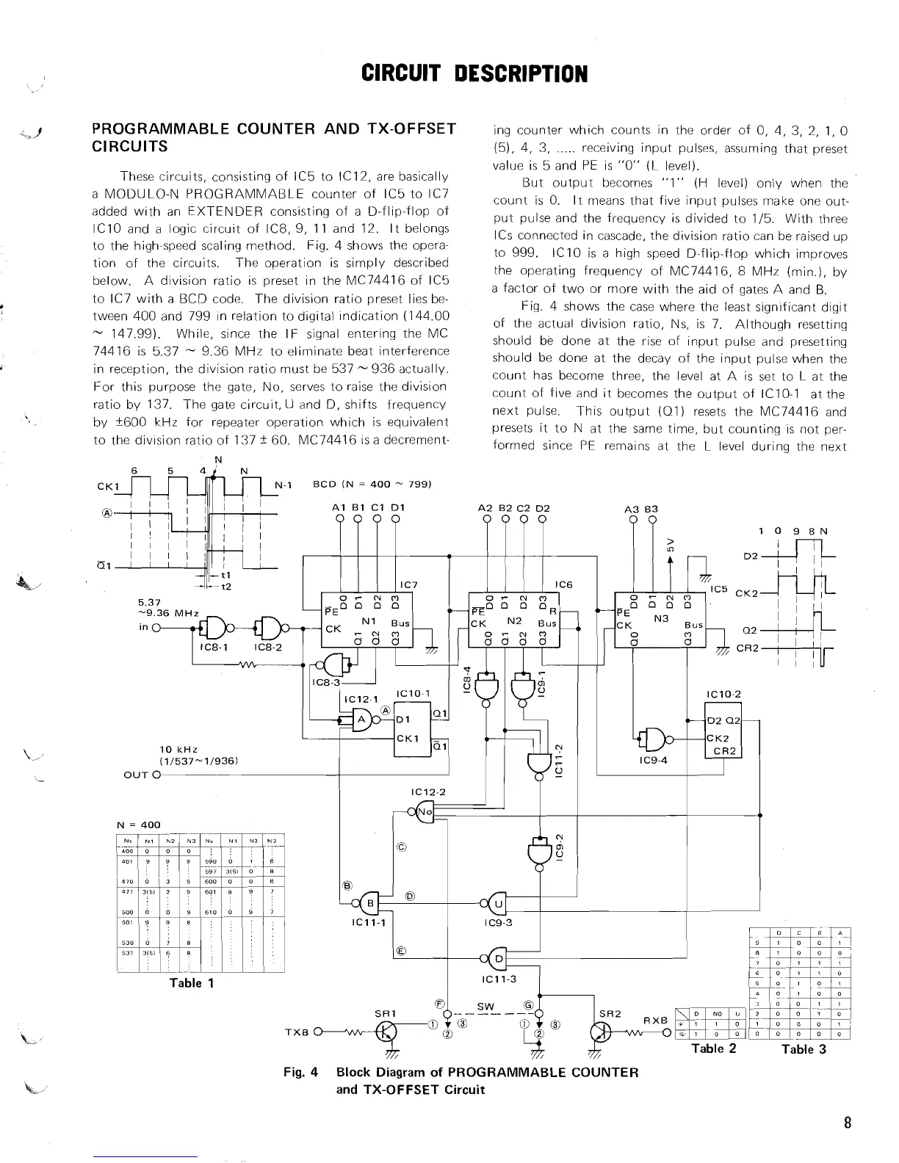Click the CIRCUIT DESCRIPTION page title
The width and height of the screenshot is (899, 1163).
tap(474, 73)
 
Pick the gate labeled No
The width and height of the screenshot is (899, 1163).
tap(425, 811)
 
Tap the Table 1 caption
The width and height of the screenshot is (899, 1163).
tap(191, 983)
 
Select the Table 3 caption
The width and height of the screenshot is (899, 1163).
tap(804, 1049)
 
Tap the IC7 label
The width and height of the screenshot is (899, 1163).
tap(408, 584)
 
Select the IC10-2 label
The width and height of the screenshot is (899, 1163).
tap(723, 694)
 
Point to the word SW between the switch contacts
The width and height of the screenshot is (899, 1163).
tap(486, 1005)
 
